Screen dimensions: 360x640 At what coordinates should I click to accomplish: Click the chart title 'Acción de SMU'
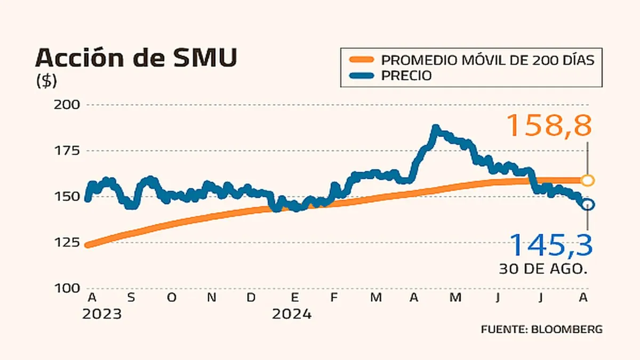[136, 58]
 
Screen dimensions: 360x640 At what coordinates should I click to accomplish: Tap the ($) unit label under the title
[46, 81]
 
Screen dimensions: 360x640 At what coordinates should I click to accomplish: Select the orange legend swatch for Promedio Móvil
[360, 59]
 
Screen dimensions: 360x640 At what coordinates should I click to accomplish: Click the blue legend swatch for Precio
[360, 76]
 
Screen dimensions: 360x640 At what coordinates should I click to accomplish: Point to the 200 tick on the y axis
[67, 105]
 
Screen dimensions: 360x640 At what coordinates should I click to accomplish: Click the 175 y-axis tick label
[67, 151]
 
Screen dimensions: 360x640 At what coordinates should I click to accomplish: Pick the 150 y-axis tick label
[67, 197]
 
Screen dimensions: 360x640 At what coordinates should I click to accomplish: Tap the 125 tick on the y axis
[67, 243]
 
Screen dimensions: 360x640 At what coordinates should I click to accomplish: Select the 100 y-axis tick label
[67, 289]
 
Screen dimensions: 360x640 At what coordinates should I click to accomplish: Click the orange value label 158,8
[549, 126]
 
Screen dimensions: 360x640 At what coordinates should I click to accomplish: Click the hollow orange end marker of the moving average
[587, 180]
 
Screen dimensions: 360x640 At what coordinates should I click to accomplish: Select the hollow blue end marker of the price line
[587, 205]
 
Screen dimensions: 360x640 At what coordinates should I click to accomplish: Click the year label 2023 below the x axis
[102, 314]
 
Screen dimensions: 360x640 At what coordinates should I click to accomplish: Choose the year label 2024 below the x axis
[292, 314]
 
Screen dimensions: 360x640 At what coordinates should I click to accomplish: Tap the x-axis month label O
[171, 298]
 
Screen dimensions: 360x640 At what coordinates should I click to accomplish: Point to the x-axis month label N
[212, 298]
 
